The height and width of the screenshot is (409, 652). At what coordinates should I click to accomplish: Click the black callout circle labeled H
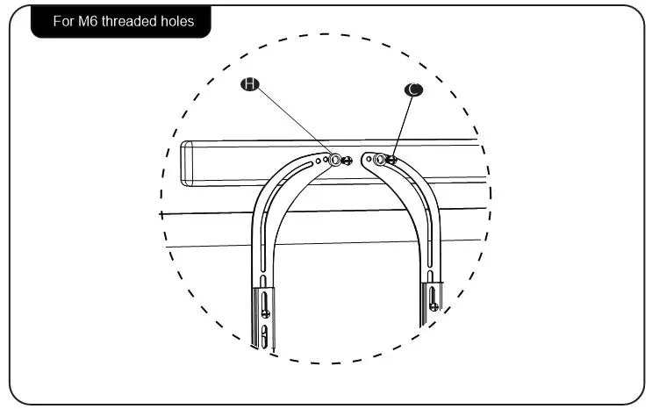pyautogui.click(x=250, y=84)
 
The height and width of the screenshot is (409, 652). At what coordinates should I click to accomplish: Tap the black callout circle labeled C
pyautogui.click(x=412, y=89)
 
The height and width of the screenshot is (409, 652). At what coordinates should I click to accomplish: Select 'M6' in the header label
pyautogui.click(x=88, y=21)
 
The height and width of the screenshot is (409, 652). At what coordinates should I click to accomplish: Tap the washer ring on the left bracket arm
pyautogui.click(x=336, y=160)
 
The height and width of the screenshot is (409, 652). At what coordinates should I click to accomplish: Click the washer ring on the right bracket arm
pyautogui.click(x=379, y=160)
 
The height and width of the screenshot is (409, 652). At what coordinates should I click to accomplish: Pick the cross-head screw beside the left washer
pyautogui.click(x=347, y=161)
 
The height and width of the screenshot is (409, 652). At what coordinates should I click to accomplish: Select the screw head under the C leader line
pyautogui.click(x=391, y=159)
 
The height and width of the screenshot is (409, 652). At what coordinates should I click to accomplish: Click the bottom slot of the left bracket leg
pyautogui.click(x=265, y=334)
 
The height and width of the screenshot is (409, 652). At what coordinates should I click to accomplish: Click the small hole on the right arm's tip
pyautogui.click(x=369, y=160)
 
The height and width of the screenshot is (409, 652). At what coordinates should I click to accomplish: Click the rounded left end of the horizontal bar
pyautogui.click(x=184, y=162)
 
